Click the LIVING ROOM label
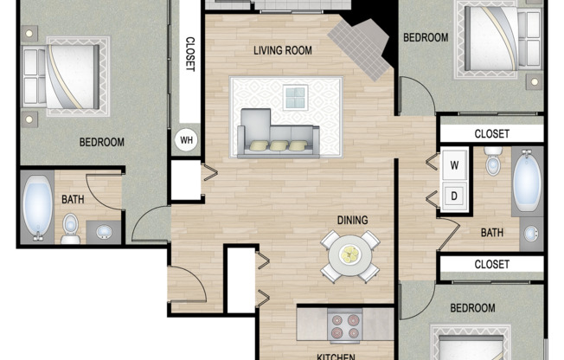pyautogui.click(x=282, y=50)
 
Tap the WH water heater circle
pyautogui.click(x=186, y=139)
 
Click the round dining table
pyautogui.click(x=350, y=254)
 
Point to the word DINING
pyautogui.click(x=352, y=220)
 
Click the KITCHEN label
pyautogui.click(x=334, y=355)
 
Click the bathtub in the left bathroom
pyautogui.click(x=36, y=208)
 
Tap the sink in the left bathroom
pyautogui.click(x=104, y=231)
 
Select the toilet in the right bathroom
pyautogui.click(x=493, y=162)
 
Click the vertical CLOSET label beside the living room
pyautogui.click(x=188, y=57)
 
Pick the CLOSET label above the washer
pyautogui.click(x=491, y=134)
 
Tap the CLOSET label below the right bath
pyautogui.click(x=491, y=264)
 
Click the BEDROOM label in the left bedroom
pyautogui.click(x=101, y=142)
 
